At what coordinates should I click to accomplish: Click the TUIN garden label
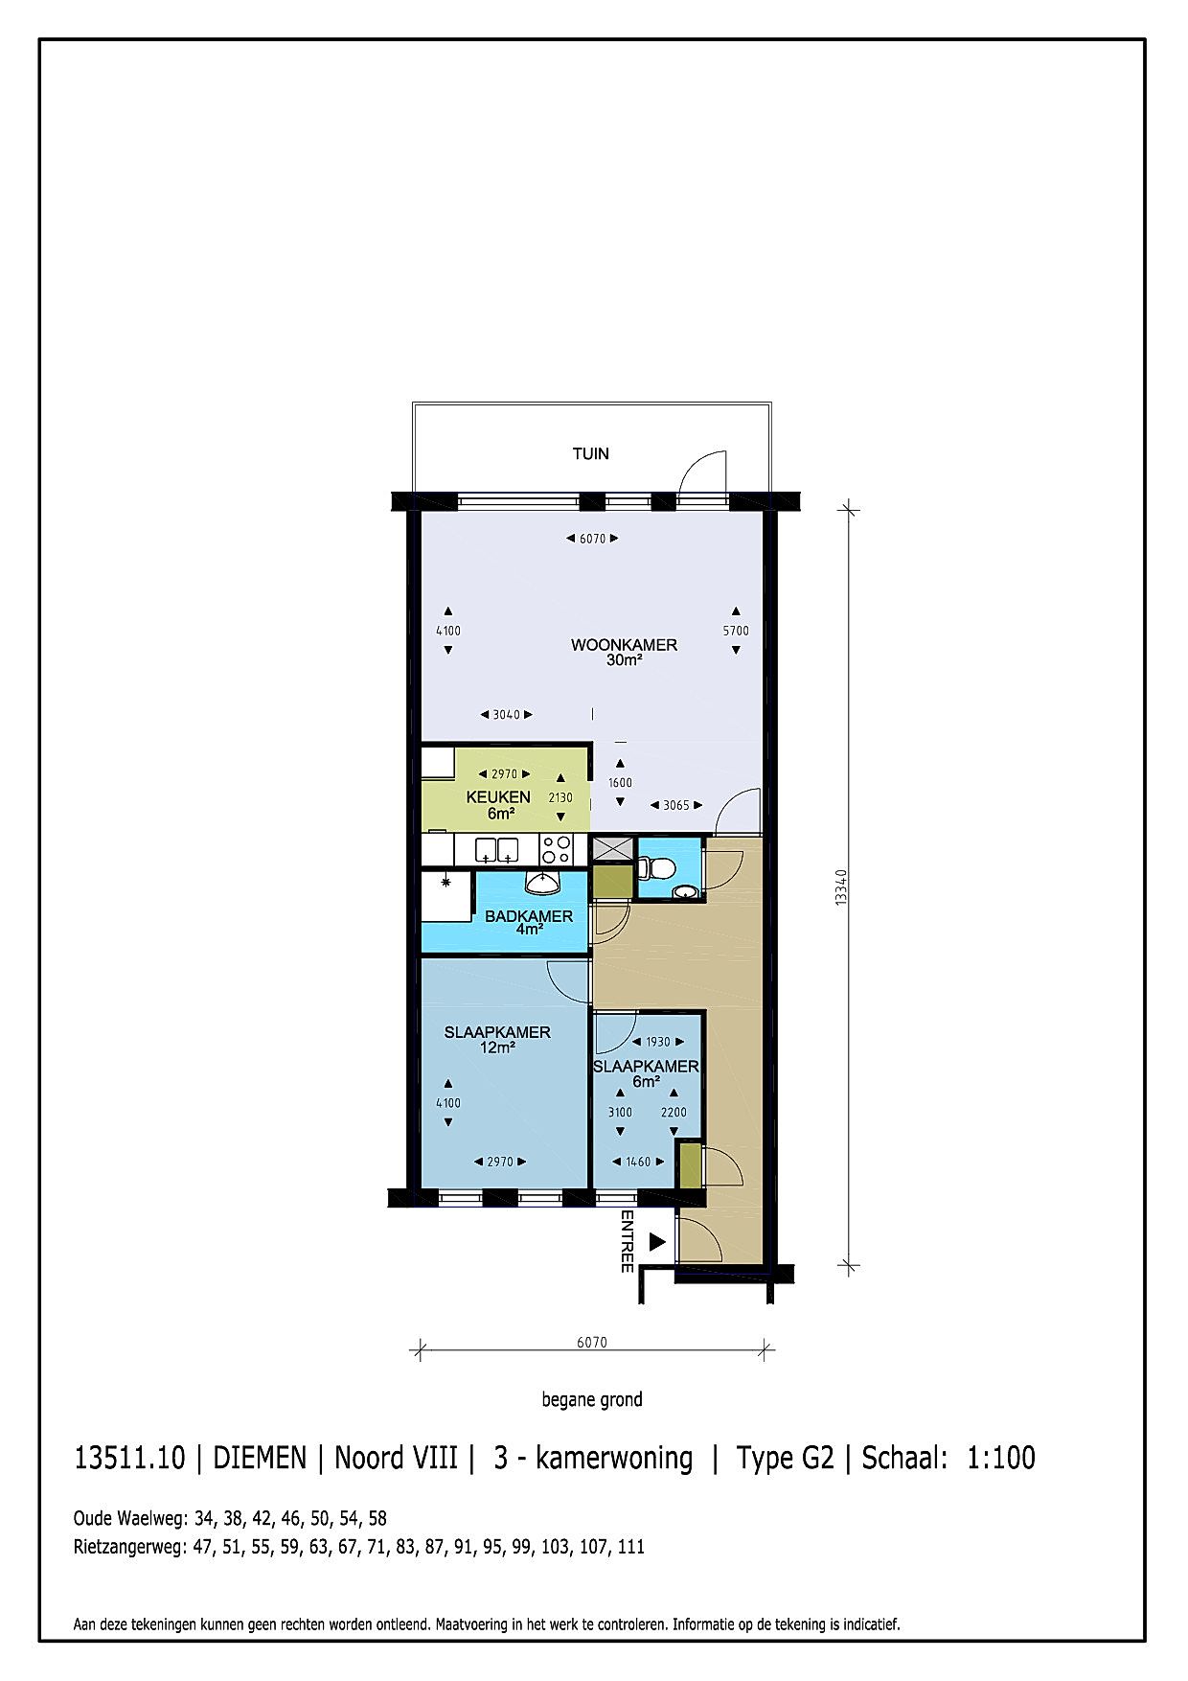(x=590, y=453)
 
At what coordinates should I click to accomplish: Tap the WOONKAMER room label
(x=624, y=645)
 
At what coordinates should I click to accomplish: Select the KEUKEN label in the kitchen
(x=498, y=797)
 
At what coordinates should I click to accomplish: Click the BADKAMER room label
(x=529, y=916)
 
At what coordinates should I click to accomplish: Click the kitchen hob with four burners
(x=557, y=849)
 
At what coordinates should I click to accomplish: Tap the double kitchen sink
(x=497, y=849)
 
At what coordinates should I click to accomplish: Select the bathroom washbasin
(x=542, y=882)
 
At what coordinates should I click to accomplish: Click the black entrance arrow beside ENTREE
(x=657, y=1242)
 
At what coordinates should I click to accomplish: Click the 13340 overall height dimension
(x=841, y=887)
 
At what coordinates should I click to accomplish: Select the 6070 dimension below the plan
(x=592, y=1342)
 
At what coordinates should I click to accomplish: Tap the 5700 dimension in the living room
(x=736, y=631)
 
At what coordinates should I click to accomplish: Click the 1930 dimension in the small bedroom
(x=658, y=1042)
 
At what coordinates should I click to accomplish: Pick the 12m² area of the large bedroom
(x=497, y=1048)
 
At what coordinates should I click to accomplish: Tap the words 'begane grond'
(x=592, y=1399)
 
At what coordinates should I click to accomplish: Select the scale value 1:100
(x=1001, y=1458)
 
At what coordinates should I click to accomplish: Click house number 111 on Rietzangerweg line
(x=631, y=1546)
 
